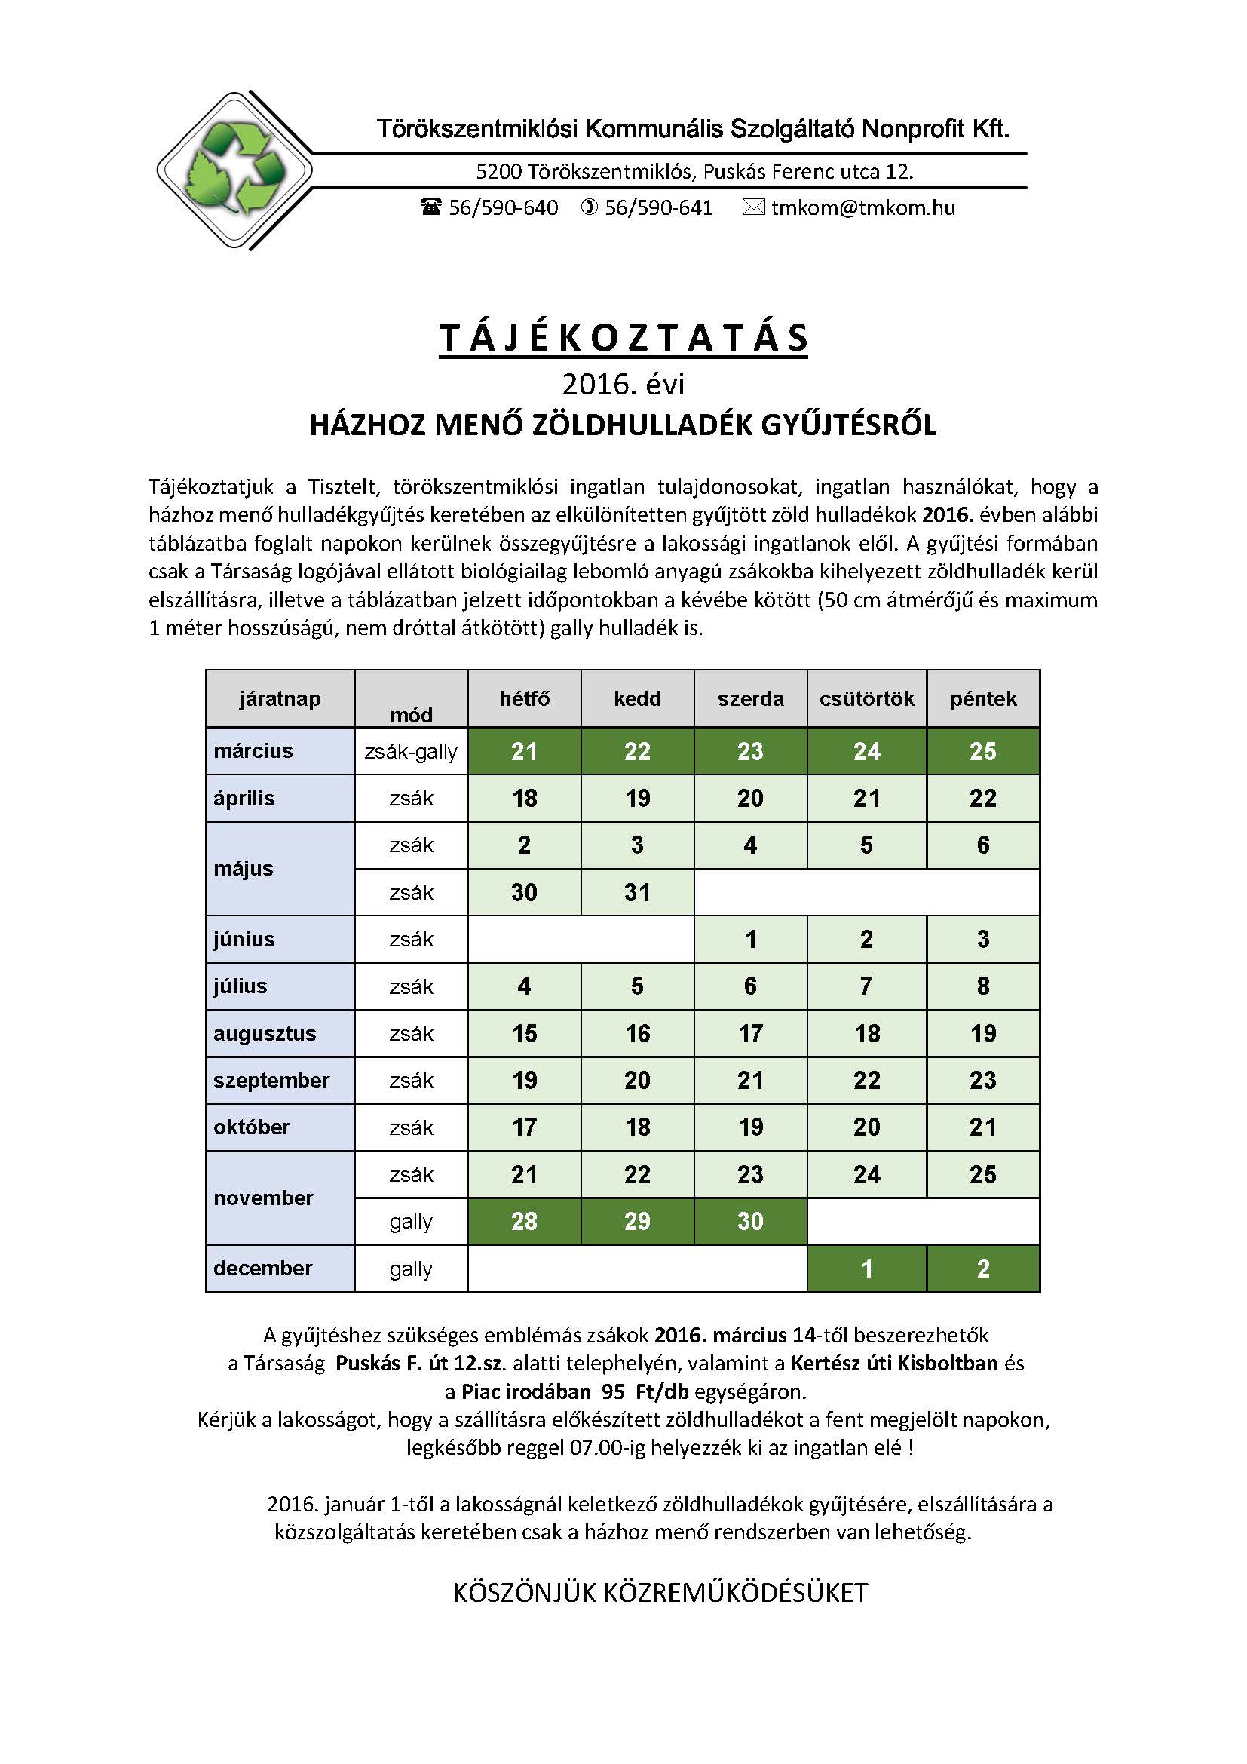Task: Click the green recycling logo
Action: coord(234,170)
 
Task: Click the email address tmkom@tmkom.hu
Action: coord(862,208)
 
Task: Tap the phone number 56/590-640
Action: coord(503,208)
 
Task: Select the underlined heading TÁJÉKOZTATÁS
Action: coord(623,338)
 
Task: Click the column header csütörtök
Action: coord(866,698)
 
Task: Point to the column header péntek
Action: coord(983,698)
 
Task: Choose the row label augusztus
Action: coord(265,1033)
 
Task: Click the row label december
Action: coord(263,1269)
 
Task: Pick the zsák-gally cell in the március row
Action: coord(411,751)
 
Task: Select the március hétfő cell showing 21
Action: coord(524,751)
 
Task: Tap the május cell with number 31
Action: coord(637,892)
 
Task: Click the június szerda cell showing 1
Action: coord(750,939)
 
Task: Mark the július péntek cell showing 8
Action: coord(983,986)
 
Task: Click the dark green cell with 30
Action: coord(750,1222)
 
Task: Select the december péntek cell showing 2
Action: coord(983,1269)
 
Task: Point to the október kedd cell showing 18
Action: coord(637,1127)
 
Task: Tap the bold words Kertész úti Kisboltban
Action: coord(894,1363)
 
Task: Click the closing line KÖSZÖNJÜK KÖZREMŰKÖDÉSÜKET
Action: coord(660,1593)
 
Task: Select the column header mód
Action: coord(411,714)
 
